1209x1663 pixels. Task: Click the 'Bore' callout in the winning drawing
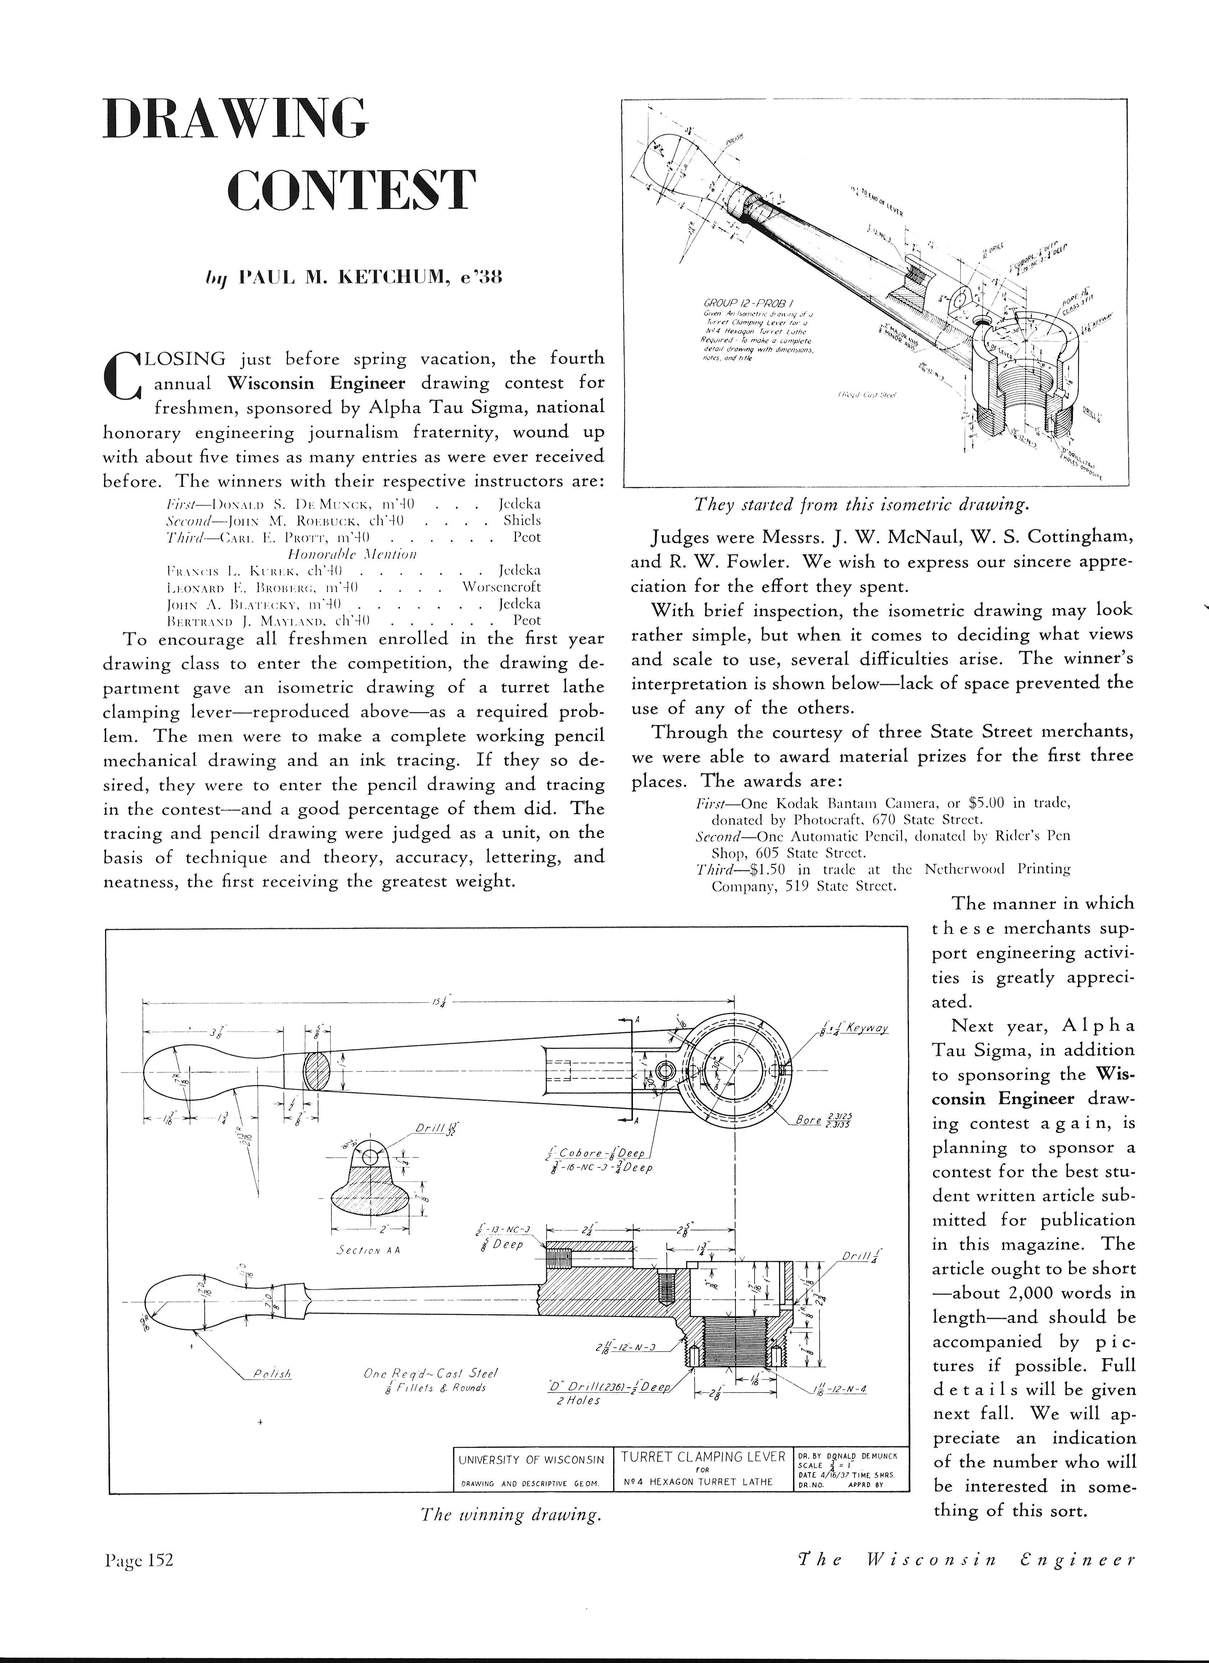coord(809,1120)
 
